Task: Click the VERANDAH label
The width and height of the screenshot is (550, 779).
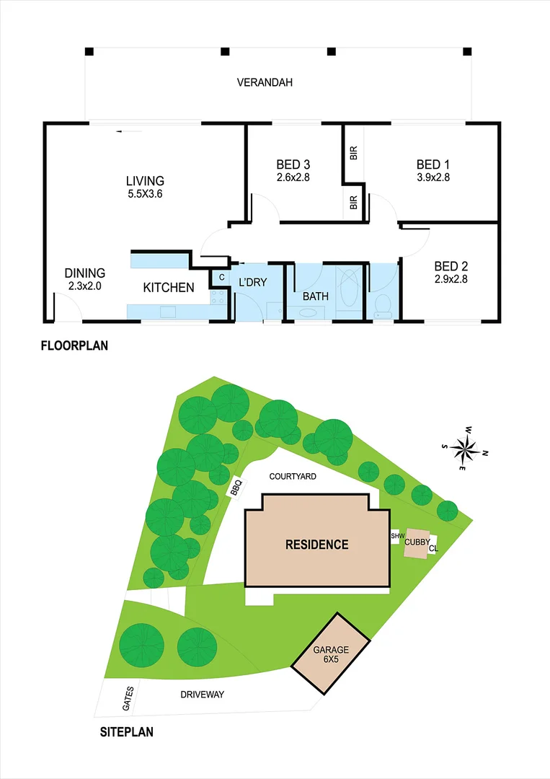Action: [x=265, y=82]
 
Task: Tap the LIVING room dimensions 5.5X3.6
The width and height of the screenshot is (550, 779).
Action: [x=145, y=193]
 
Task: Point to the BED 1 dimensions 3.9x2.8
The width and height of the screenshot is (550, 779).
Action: [x=433, y=177]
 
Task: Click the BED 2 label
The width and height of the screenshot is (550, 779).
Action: [x=451, y=265]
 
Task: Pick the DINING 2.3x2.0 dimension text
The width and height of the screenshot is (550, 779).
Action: [x=85, y=286]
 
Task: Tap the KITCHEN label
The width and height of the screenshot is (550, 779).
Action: [x=169, y=288]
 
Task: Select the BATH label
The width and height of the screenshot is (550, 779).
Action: [x=315, y=296]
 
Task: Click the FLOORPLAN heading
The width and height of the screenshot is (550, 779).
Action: [x=74, y=346]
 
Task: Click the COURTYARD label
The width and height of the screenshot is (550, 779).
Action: [x=293, y=477]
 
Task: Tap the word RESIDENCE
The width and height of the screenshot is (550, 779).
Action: [x=316, y=545]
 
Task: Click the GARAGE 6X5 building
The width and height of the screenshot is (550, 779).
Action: [x=331, y=655]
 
